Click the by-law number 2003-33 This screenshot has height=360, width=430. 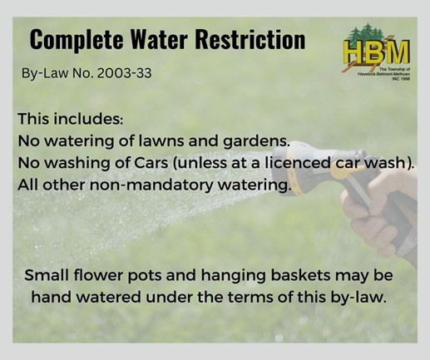click(125, 73)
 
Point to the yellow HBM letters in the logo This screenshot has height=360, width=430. click(377, 51)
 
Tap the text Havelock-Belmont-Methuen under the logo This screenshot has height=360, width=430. click(383, 75)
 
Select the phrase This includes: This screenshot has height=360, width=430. click(71, 119)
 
